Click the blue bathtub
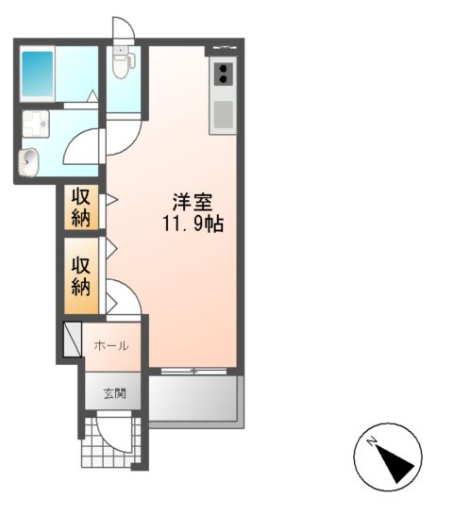click(x=37, y=74)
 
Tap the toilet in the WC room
click(x=120, y=62)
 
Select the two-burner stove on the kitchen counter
click(x=223, y=74)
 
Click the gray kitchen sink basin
click(x=224, y=115)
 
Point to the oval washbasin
click(x=28, y=162)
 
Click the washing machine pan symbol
click(x=36, y=124)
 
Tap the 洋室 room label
click(x=193, y=202)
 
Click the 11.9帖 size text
click(x=193, y=224)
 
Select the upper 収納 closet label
click(x=81, y=207)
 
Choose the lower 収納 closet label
click(x=81, y=276)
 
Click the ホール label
click(x=111, y=346)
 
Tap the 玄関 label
click(x=115, y=393)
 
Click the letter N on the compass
click(x=372, y=442)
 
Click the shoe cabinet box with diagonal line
click(x=73, y=340)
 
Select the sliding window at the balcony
click(x=193, y=372)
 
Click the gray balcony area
click(x=193, y=399)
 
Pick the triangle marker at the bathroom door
click(x=92, y=96)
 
